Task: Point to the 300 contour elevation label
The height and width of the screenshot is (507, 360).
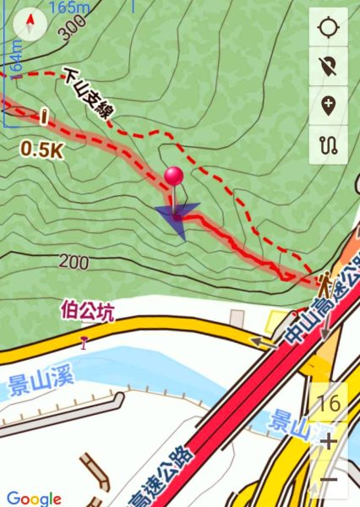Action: (x=74, y=31)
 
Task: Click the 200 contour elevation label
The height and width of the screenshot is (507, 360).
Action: (x=74, y=263)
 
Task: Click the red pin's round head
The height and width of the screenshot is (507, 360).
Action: (x=174, y=177)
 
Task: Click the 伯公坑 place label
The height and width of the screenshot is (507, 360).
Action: (x=85, y=310)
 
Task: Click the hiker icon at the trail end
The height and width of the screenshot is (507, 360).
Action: (x=325, y=280)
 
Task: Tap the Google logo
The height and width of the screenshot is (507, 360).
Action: (x=34, y=499)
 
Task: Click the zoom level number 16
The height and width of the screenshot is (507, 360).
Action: (x=330, y=403)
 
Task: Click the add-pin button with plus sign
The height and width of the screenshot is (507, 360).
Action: (x=328, y=105)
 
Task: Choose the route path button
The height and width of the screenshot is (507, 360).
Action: (x=328, y=144)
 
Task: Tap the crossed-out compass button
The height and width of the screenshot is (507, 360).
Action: (x=328, y=67)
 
